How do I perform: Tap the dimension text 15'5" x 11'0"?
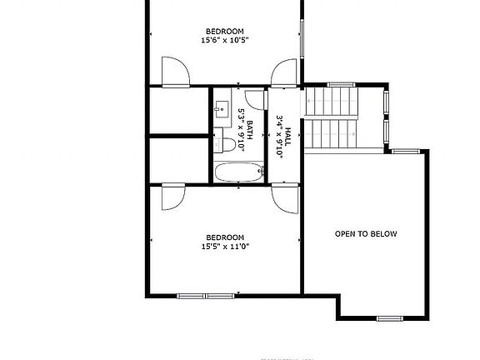pyautogui.click(x=225, y=246)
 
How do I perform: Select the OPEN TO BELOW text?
pyautogui.click(x=366, y=234)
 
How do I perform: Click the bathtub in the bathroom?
pyautogui.click(x=239, y=173)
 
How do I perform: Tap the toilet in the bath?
pyautogui.click(x=225, y=145)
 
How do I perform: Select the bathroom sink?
pyautogui.click(x=222, y=107)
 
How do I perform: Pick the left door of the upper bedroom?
pyautogui.click(x=173, y=72)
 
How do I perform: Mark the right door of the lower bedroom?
pyautogui.click(x=283, y=198)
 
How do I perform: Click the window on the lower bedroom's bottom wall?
pyautogui.click(x=205, y=294)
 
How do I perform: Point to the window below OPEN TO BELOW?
pyautogui.click(x=388, y=318)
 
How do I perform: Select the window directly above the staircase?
pyautogui.click(x=342, y=84)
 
